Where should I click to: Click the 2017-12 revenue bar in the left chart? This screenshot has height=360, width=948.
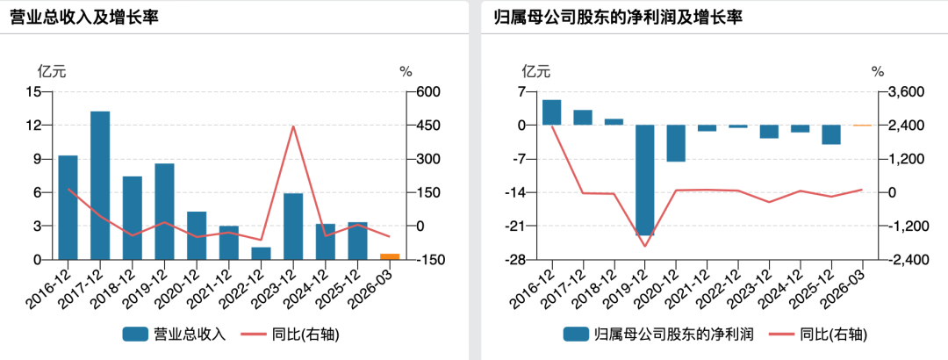coord(100,186)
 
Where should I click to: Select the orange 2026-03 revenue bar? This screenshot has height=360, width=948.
coord(390,256)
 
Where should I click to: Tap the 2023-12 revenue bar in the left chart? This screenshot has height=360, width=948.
coord(293,227)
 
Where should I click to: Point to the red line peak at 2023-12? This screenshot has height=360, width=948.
coord(293,126)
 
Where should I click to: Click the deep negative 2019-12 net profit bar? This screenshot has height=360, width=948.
coord(644,180)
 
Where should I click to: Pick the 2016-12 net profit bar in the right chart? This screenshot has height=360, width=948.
coord(551,112)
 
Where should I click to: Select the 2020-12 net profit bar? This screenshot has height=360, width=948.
coord(676,143)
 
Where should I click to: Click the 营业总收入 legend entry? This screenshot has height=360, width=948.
coord(174,334)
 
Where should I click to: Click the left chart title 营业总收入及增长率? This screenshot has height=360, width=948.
coord(84,18)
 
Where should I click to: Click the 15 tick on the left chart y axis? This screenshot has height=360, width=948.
coord(34,92)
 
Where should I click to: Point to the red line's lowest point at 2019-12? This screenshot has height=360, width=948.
coord(644,246)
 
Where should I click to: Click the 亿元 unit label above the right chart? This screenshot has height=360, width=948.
coord(536,71)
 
